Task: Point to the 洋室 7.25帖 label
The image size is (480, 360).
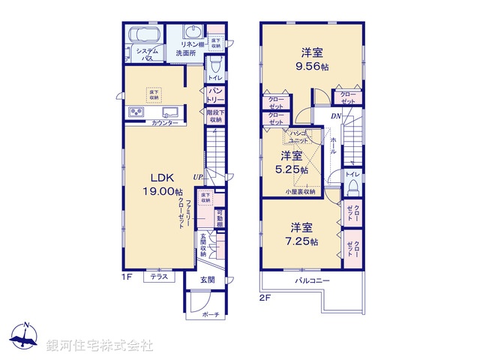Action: pos(304,233)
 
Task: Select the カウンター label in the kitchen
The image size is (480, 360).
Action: pos(164,122)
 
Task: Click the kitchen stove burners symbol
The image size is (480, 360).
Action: pos(137,112)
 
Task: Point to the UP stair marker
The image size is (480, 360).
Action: pos(198,177)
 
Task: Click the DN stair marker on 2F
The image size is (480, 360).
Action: pos(337,117)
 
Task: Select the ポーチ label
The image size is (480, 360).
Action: pos(211,315)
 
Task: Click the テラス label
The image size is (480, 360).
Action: pos(158,277)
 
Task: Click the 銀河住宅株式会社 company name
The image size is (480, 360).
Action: pos(99,345)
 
